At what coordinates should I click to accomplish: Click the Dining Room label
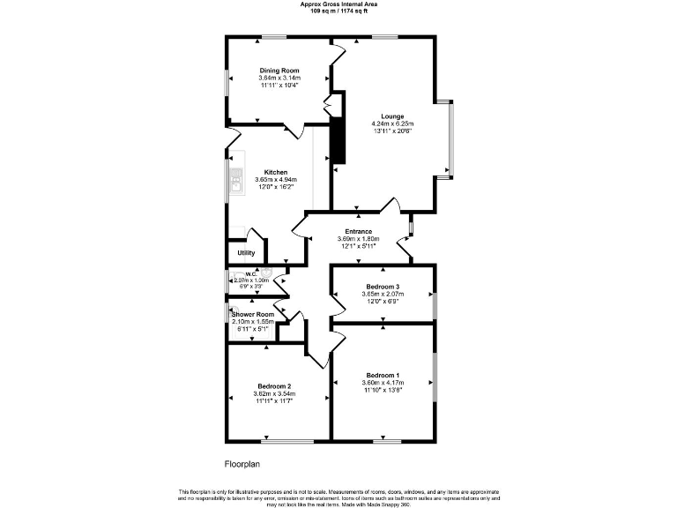279,71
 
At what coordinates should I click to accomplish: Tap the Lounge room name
393,116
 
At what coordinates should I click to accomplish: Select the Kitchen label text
276,172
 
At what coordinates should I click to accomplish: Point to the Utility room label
246,253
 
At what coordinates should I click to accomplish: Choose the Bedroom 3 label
383,287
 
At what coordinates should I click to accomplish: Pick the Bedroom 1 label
383,377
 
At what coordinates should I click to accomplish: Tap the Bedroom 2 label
275,386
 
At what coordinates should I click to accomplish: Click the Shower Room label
253,314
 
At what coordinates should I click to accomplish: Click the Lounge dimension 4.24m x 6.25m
393,123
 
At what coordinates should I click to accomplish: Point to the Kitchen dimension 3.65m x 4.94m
276,180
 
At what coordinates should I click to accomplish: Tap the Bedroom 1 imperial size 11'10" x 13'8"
383,391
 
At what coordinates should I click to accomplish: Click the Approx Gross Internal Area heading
338,4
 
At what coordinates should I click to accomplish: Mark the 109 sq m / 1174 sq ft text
338,11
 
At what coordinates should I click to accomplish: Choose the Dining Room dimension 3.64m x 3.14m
279,78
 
